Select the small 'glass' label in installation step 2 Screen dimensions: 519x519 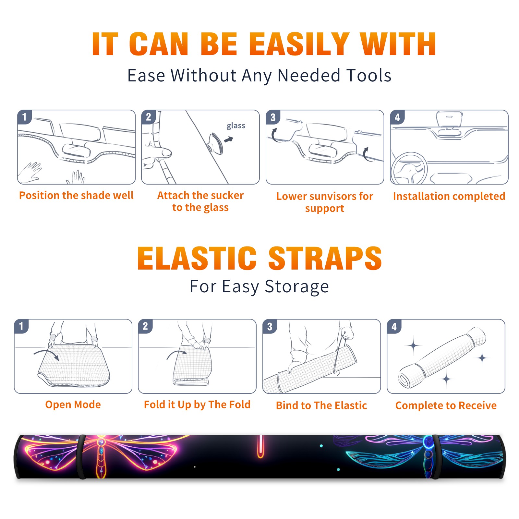(236, 126)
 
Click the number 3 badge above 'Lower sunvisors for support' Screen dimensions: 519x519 (273, 117)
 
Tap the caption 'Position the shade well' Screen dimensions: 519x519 (76, 195)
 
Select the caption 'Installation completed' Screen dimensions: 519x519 (449, 196)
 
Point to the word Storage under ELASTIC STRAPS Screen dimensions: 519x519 (297, 287)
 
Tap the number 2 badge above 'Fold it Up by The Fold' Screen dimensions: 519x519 (145, 326)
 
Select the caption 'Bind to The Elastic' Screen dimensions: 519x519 (321, 405)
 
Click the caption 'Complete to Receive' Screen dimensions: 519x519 (446, 405)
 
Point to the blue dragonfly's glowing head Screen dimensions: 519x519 (428, 441)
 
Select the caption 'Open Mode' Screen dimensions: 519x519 (73, 404)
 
